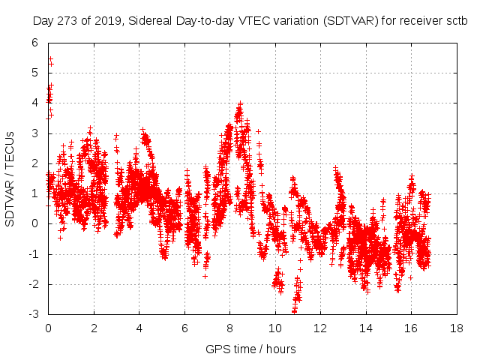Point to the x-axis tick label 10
point(274,328)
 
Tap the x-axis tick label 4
point(139,328)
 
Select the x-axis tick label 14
point(365,328)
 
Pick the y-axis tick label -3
point(33,314)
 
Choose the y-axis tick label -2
point(33,284)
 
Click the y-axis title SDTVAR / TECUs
point(10,178)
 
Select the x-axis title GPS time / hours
point(250,349)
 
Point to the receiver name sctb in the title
point(455,22)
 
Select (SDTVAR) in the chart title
point(352,22)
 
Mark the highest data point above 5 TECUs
point(50,58)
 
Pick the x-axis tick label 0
point(48,328)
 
